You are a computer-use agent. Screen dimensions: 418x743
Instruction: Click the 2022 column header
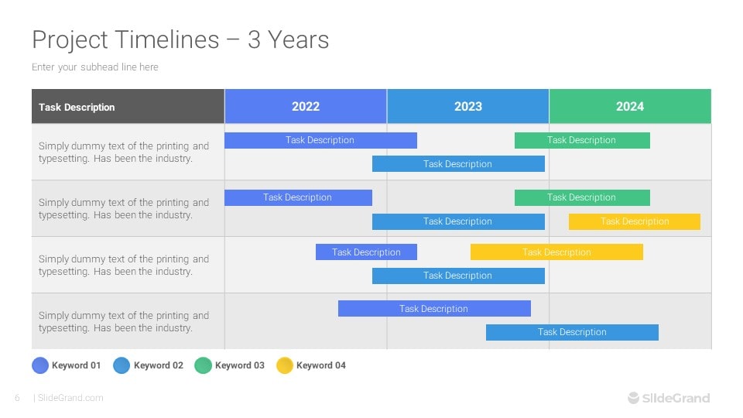pos(306,107)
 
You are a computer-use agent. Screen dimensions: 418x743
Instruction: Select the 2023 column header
pos(467,107)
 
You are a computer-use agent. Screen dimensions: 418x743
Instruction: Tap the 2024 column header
pos(629,107)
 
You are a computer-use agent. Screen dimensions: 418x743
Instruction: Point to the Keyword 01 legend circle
pos(40,365)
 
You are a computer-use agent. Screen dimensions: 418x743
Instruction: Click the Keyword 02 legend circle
pos(122,365)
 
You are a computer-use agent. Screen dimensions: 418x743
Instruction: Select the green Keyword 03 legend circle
pos(203,365)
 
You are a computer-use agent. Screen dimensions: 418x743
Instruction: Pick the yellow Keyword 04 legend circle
pos(285,365)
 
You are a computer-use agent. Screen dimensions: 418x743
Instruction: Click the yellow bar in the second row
pos(634,221)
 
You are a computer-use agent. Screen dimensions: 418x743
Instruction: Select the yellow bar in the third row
pos(556,252)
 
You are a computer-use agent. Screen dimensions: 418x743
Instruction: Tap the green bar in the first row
pos(582,140)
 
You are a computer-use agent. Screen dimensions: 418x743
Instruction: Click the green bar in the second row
pos(582,197)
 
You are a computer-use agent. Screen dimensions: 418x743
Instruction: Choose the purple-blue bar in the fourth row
pos(434,309)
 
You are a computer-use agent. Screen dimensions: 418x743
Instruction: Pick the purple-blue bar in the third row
pos(366,252)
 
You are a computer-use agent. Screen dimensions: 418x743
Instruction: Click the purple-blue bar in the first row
pos(320,140)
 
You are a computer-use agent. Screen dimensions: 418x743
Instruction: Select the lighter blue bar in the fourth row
pos(572,332)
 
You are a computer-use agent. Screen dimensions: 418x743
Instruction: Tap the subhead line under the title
pos(95,67)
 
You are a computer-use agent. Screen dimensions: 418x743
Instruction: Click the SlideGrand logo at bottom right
pos(669,398)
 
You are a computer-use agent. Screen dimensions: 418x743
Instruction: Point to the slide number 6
pos(17,398)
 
